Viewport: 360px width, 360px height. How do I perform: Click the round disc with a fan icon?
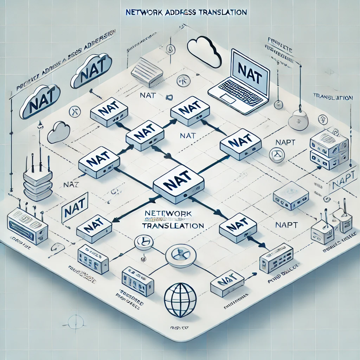click(x=178, y=255)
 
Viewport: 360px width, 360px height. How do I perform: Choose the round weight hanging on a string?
click(x=298, y=122)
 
